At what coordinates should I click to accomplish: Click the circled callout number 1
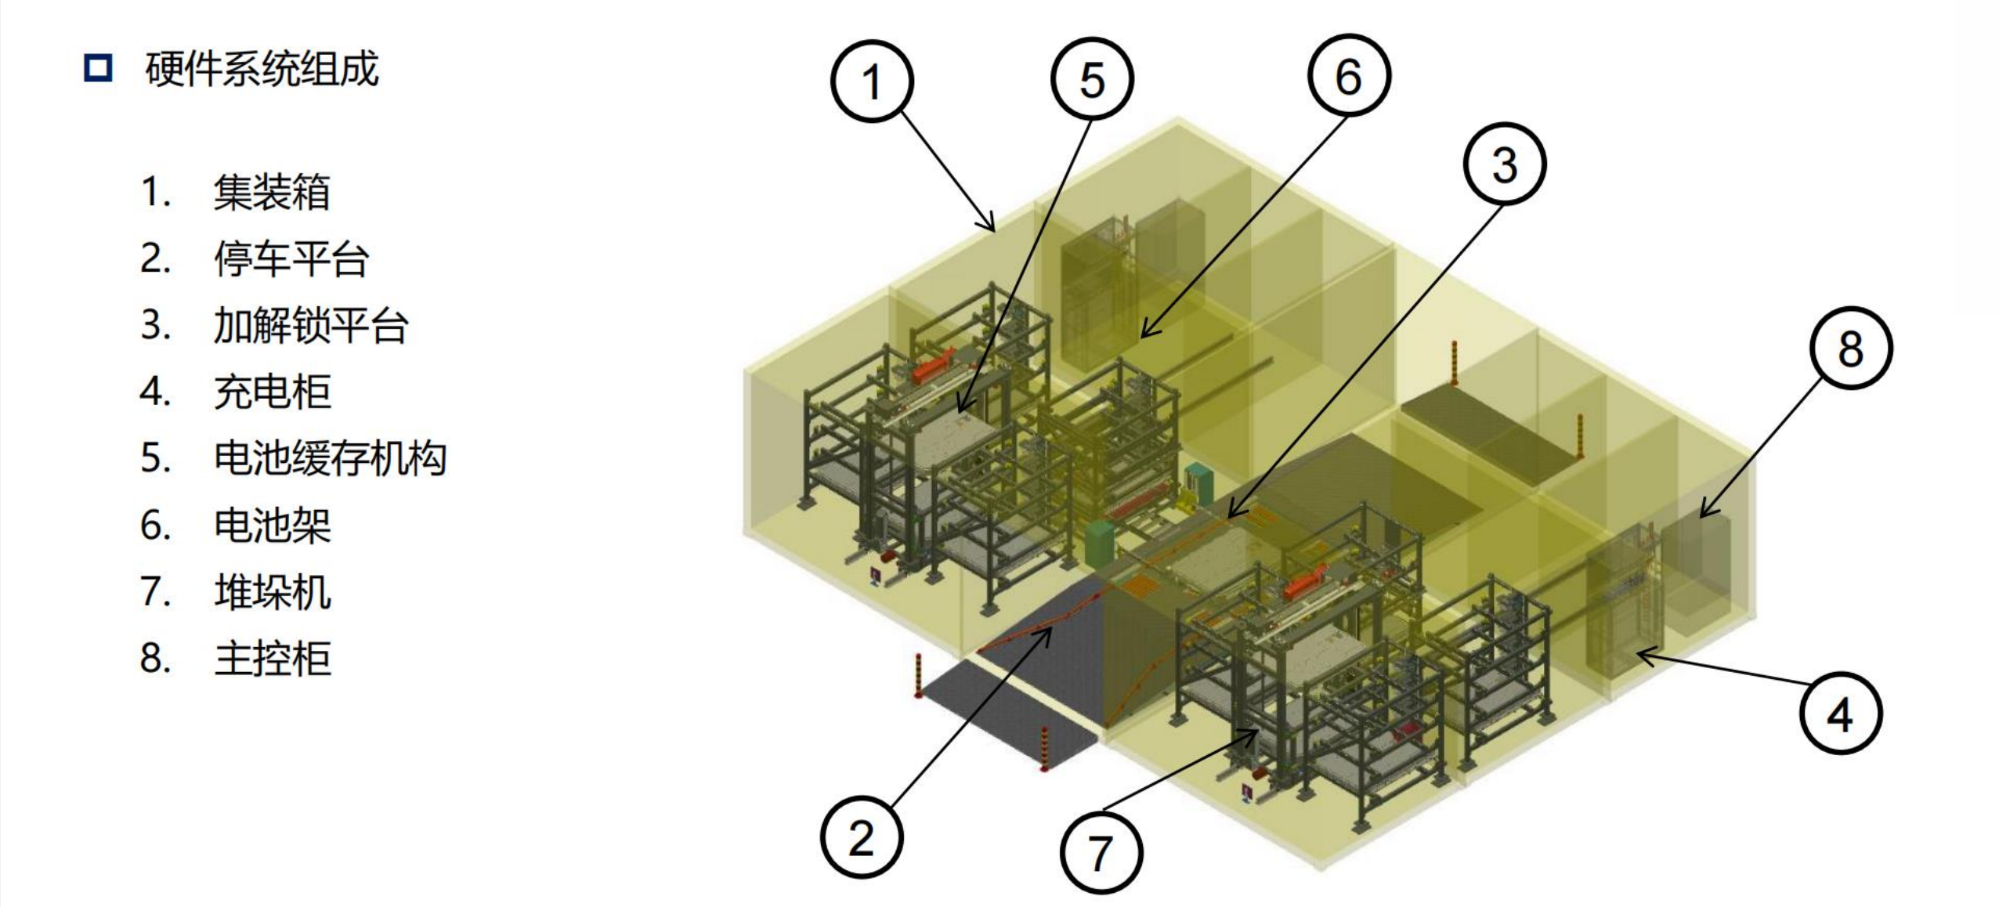pos(872,81)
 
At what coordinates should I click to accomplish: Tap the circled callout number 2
pos(861,838)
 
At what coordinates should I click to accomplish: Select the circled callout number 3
pos(1504,164)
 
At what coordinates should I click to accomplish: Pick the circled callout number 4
pos(1839,714)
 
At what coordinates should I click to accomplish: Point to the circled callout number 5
pos(1092,80)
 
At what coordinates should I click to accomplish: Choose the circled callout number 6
pos(1348,76)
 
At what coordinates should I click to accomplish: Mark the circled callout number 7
pos(1101,853)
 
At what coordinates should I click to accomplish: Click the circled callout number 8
pos(1851,348)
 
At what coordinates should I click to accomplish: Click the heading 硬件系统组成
pos(262,69)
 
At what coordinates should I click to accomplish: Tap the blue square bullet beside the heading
pos(98,68)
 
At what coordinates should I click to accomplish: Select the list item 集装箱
pos(272,192)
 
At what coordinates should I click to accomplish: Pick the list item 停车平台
pos(291,258)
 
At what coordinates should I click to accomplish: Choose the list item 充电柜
pos(272,392)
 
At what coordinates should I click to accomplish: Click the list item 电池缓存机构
pos(330,458)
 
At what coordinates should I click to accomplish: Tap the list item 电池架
pos(272,525)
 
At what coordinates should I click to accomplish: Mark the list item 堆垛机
pos(272,591)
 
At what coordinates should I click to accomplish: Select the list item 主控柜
pos(272,658)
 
